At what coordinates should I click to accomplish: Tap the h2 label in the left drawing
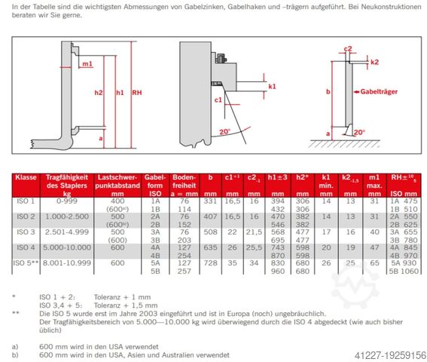pos(99,93)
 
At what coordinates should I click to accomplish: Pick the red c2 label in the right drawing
pos(348,49)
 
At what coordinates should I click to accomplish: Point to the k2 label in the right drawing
pos(374,62)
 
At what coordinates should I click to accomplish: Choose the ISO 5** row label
pos(28,263)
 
